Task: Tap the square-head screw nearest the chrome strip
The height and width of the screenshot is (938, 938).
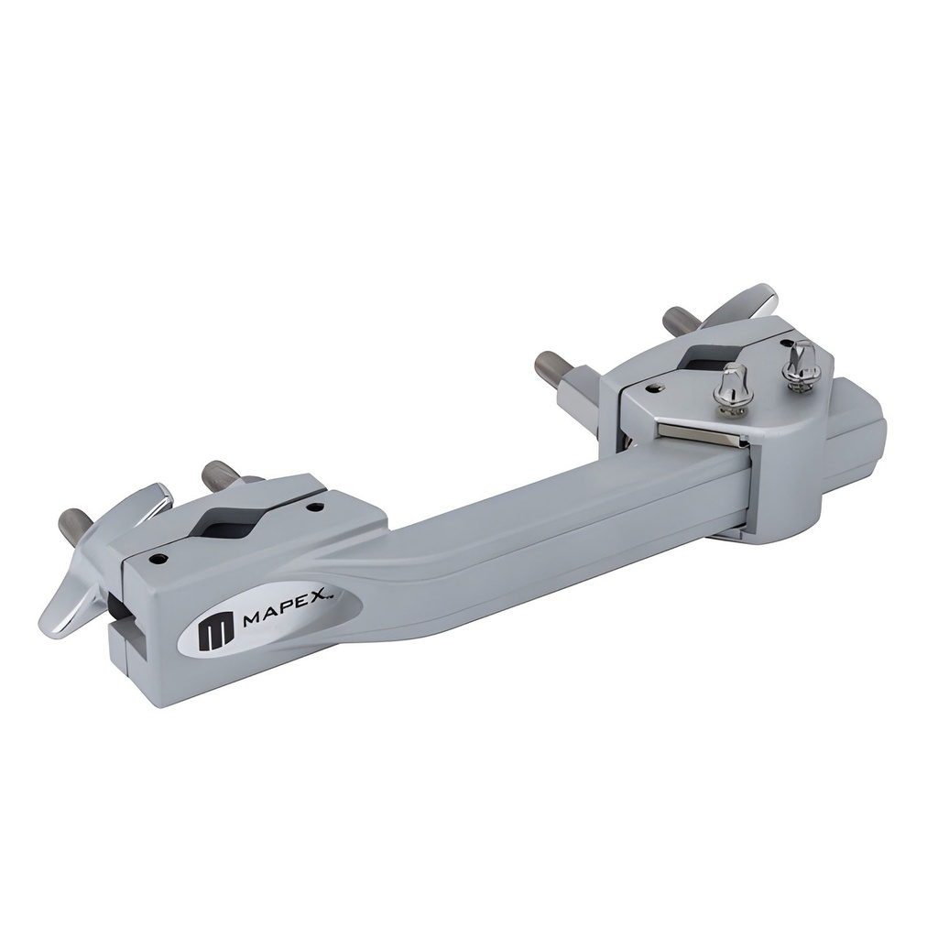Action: [733, 390]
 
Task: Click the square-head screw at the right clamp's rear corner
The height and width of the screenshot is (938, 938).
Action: [802, 365]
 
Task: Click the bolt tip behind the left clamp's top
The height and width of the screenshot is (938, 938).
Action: [221, 474]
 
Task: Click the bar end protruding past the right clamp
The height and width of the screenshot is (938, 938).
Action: [856, 440]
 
